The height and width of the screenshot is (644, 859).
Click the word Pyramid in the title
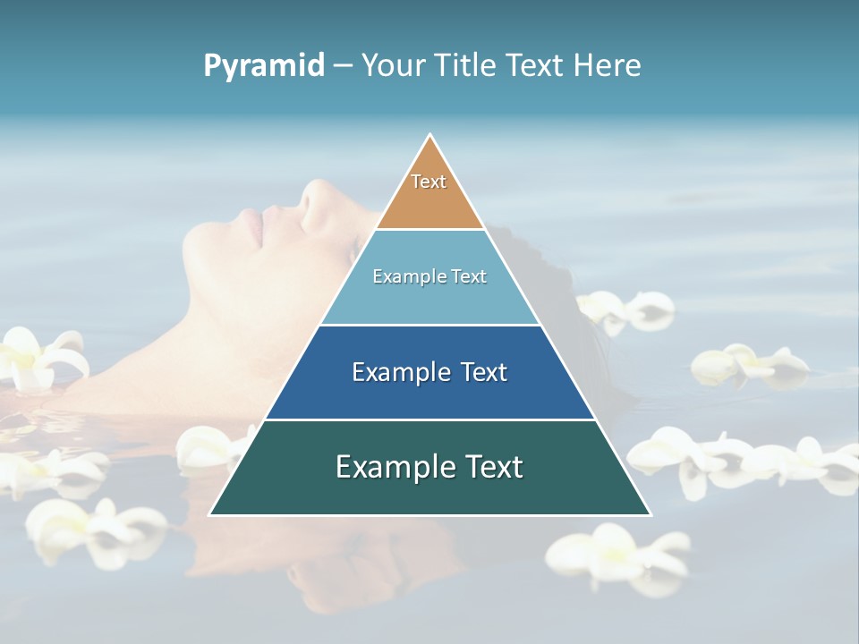(264, 66)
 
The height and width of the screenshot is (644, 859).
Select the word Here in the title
(607, 65)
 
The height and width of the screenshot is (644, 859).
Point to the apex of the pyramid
(430, 136)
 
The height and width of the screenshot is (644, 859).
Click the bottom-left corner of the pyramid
(211, 513)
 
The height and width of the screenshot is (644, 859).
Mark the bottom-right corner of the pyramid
(650, 513)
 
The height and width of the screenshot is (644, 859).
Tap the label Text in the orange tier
(429, 182)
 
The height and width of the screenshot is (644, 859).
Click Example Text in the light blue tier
(429, 276)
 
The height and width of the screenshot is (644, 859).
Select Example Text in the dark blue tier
(429, 372)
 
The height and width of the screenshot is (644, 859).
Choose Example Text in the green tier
(429, 467)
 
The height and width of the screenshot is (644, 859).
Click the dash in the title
(343, 66)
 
